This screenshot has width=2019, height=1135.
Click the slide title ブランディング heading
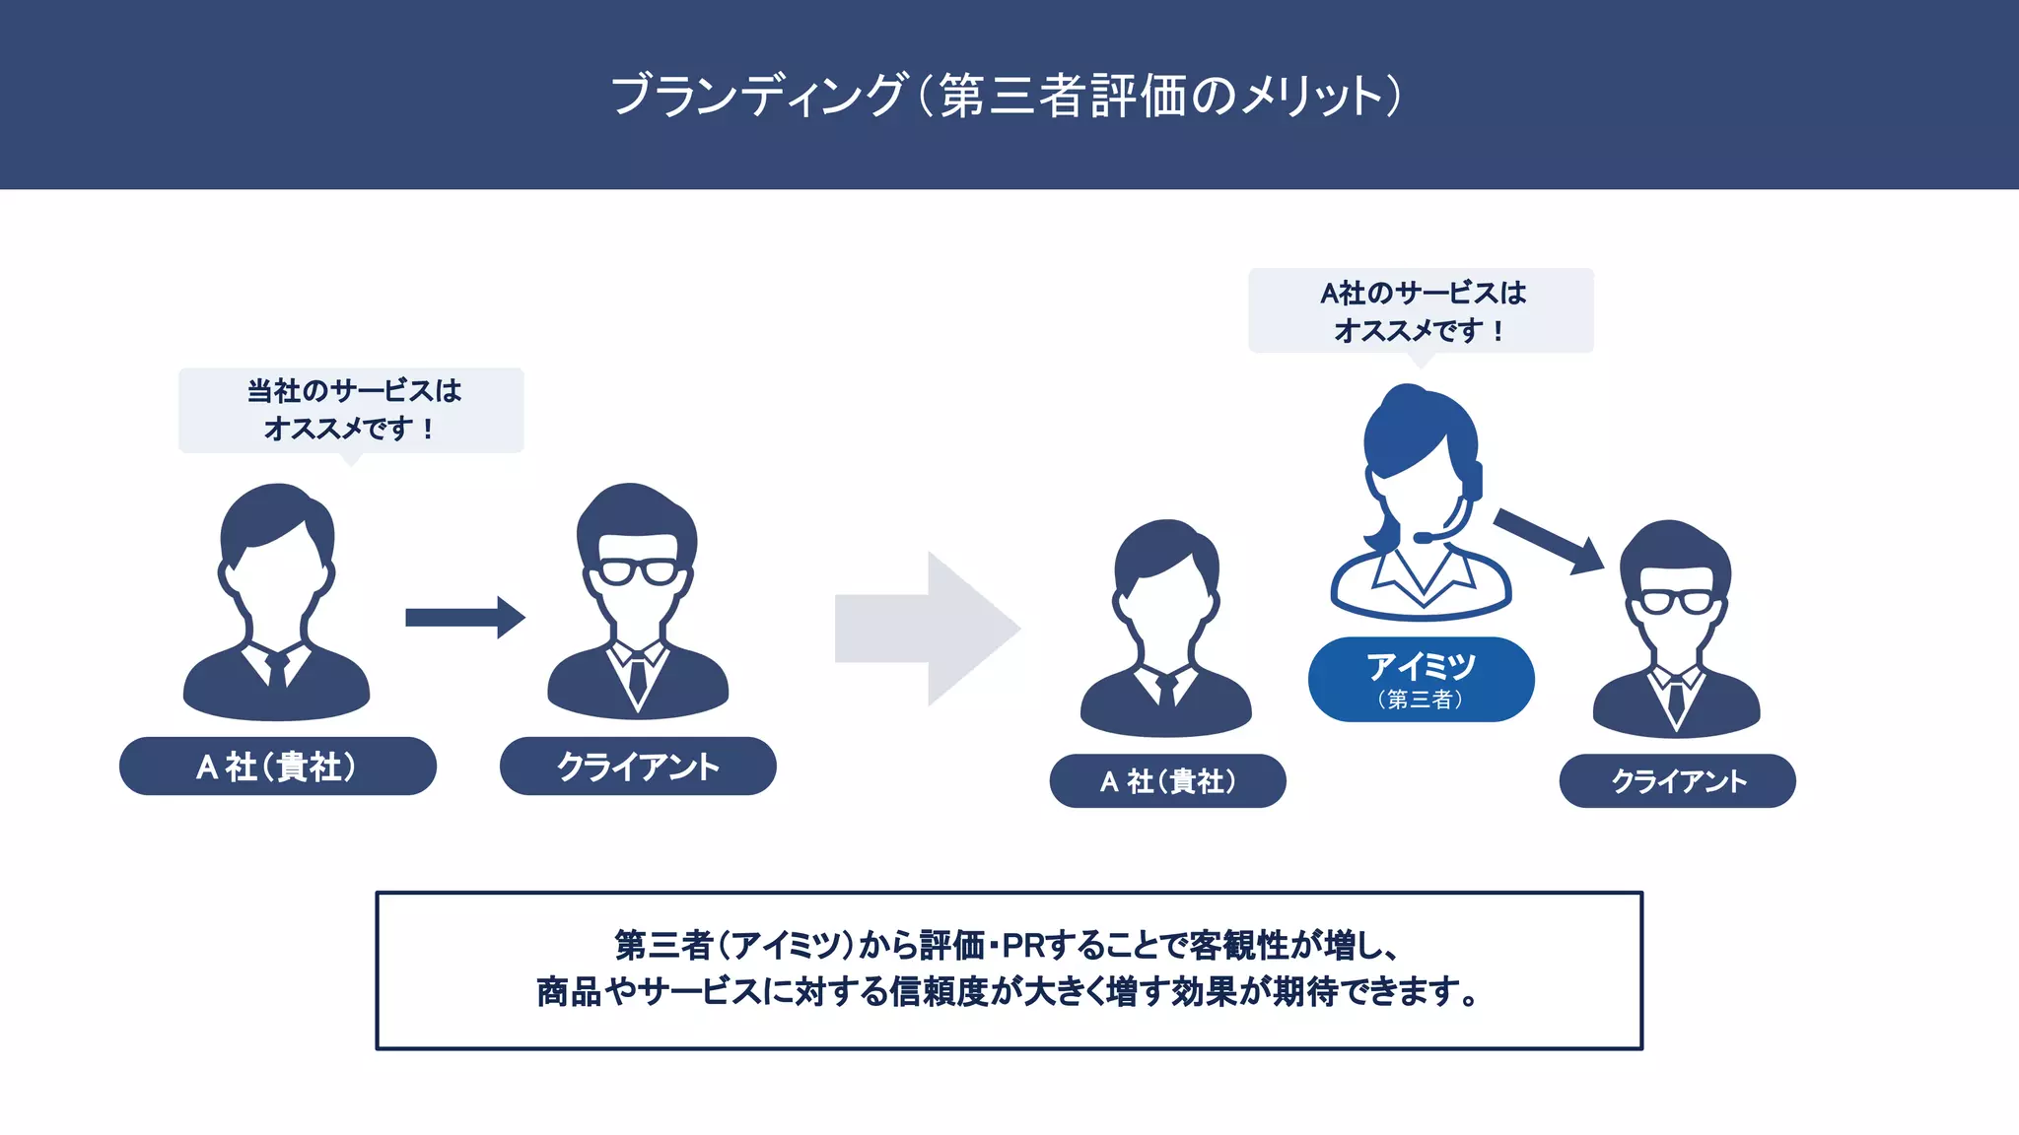[x=1006, y=96]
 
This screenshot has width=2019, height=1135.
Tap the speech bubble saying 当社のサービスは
[x=351, y=410]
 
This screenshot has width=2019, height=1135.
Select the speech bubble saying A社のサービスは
[x=1421, y=310]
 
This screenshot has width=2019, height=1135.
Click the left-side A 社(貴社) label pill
[x=277, y=766]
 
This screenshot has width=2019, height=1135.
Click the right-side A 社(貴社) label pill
[x=1167, y=781]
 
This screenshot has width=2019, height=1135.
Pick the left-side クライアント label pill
[x=638, y=766]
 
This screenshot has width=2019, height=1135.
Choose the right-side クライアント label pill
[x=1677, y=781]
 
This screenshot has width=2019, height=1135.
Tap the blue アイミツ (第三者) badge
[x=1421, y=679]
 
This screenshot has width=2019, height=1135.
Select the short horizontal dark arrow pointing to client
[x=464, y=618]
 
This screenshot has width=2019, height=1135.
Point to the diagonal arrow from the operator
[x=1548, y=541]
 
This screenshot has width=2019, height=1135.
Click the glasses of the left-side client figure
[x=638, y=571]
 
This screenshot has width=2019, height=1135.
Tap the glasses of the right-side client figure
[x=1677, y=602]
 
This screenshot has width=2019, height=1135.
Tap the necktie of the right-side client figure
[x=1676, y=702]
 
